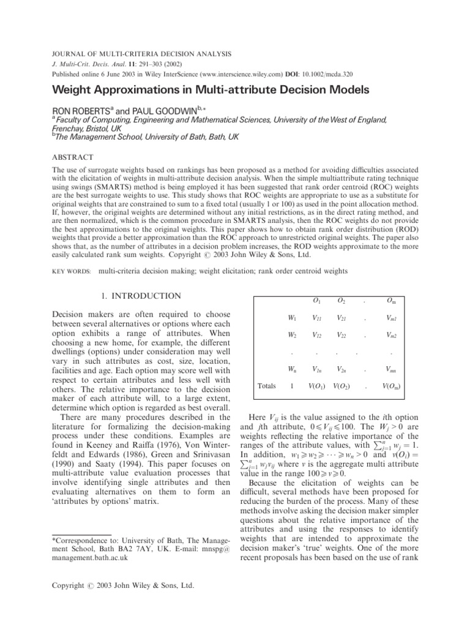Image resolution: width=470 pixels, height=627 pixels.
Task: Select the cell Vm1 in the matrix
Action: click(387, 317)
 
